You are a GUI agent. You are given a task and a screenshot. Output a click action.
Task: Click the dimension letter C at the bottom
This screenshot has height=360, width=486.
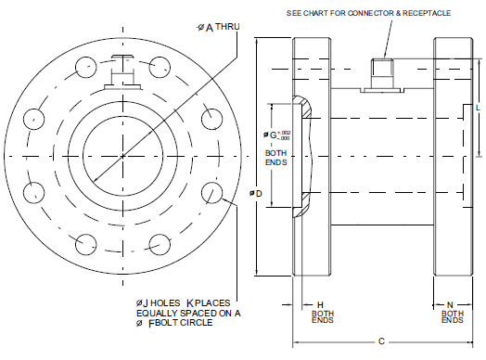coord(381,341)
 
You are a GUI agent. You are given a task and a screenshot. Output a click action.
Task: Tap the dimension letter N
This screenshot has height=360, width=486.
coord(450,305)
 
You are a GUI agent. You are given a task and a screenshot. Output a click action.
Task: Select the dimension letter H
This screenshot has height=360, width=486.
coord(320,305)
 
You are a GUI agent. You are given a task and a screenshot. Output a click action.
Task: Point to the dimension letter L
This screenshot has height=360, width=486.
coord(478,108)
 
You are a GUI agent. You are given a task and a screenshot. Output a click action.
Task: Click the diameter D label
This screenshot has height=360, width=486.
coord(256,194)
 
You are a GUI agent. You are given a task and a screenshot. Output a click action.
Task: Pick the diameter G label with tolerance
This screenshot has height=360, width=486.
coord(276,135)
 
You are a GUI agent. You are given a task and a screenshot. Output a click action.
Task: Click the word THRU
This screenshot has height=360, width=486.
coord(227,27)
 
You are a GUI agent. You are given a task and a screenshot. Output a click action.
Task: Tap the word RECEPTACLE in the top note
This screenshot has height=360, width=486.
coord(427,13)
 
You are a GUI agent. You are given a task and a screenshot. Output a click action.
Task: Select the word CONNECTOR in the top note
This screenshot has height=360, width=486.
coord(370,13)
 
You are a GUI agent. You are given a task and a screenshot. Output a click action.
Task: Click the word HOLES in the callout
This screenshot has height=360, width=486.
coord(165,303)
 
